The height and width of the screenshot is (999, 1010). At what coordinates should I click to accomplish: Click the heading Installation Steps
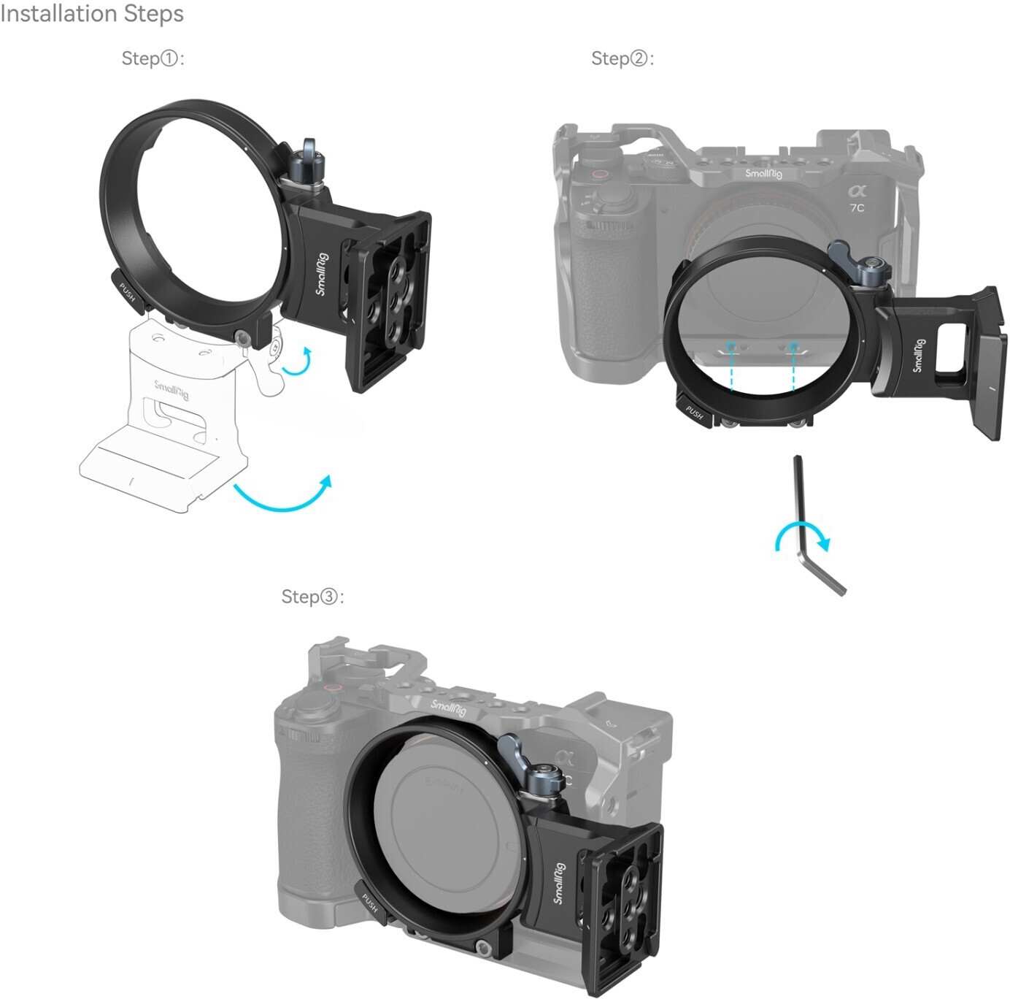[92, 14]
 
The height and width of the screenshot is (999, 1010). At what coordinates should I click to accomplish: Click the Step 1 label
[153, 58]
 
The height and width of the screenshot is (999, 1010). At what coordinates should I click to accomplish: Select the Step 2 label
[622, 58]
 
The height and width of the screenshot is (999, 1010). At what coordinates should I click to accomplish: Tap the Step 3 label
[312, 597]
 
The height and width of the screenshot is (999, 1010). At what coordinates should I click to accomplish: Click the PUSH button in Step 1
[126, 289]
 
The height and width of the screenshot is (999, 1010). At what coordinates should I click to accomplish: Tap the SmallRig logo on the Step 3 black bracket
[558, 883]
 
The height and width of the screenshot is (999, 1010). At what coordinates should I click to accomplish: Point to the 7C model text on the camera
[857, 207]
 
